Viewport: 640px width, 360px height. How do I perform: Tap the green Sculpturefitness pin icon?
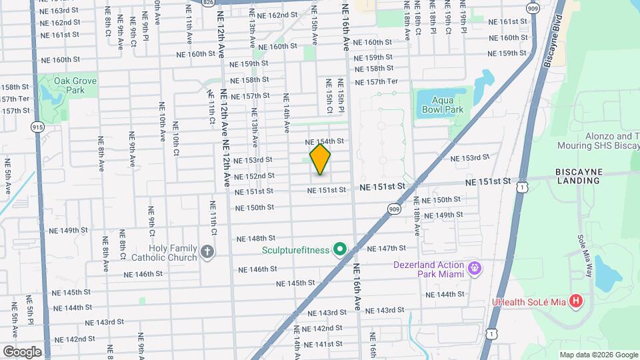[x=339, y=250]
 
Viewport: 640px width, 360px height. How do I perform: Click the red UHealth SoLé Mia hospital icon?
[x=577, y=302]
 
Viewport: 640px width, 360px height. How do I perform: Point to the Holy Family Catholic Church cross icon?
[x=207, y=253]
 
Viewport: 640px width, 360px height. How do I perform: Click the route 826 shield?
[x=209, y=3]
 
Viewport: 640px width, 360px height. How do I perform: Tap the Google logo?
[x=22, y=351]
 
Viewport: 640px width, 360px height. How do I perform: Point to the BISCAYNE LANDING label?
[x=579, y=175]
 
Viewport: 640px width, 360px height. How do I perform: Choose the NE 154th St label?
[x=325, y=141]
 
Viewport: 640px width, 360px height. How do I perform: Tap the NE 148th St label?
[x=257, y=238]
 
